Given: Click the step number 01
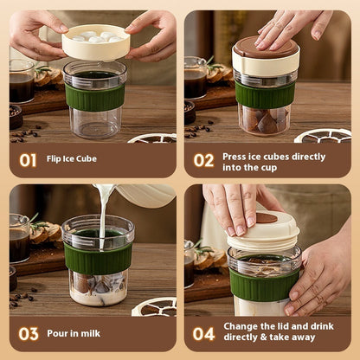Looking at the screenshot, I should point(29,160).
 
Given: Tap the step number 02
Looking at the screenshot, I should point(203,160).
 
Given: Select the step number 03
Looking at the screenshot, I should point(29,333).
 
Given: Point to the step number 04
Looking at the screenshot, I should point(204,333).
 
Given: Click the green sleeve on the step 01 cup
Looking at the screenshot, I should point(94,97).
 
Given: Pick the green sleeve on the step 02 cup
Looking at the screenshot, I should point(265,94).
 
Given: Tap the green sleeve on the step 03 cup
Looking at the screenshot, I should point(98,258).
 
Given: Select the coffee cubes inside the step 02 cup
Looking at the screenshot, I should point(265,120).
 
